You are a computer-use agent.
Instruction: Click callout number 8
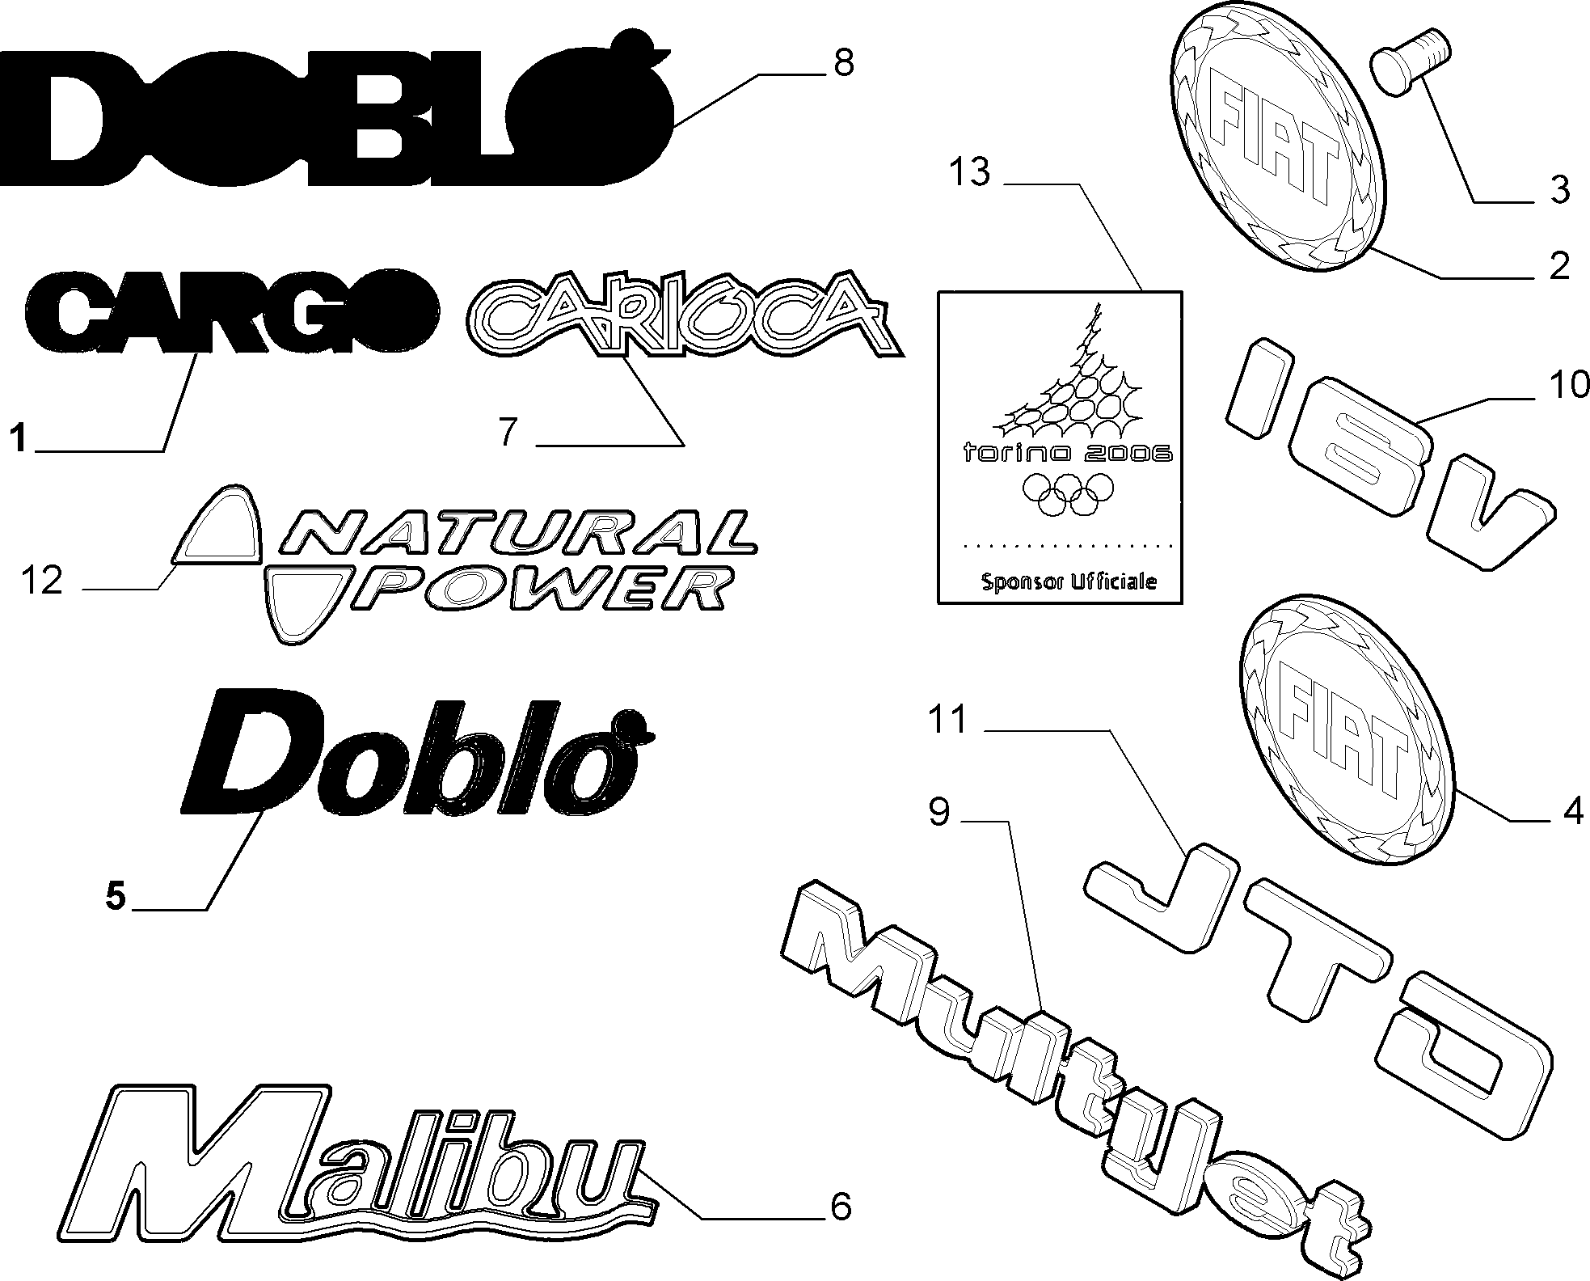tap(843, 62)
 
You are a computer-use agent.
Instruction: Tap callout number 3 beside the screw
tap(1559, 190)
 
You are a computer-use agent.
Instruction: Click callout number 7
tap(508, 432)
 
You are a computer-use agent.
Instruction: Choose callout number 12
tap(42, 580)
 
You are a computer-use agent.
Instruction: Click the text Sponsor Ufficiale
tap(1069, 581)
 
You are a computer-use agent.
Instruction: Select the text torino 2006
tap(1067, 453)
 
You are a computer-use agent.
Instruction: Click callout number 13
tap(969, 172)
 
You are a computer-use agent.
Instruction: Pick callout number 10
tap(1569, 385)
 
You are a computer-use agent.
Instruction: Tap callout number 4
tap(1572, 812)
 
